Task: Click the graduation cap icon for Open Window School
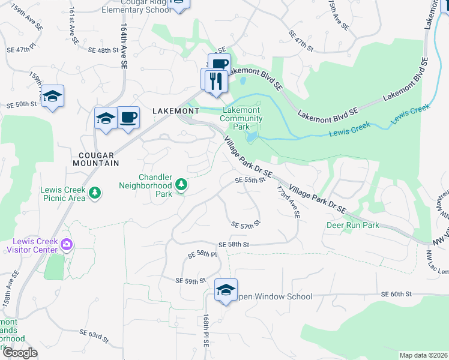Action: click(x=226, y=291)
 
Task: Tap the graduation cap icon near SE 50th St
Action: click(x=53, y=97)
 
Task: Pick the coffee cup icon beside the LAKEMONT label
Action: click(x=128, y=117)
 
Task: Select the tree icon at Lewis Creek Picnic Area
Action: click(x=94, y=193)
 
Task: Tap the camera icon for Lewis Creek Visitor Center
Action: click(x=67, y=244)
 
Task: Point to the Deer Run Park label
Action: click(x=353, y=225)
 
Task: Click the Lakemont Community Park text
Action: click(x=241, y=118)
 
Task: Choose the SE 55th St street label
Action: click(x=250, y=179)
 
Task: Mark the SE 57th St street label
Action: click(x=246, y=224)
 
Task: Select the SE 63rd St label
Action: click(x=95, y=335)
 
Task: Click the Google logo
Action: click(x=20, y=353)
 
